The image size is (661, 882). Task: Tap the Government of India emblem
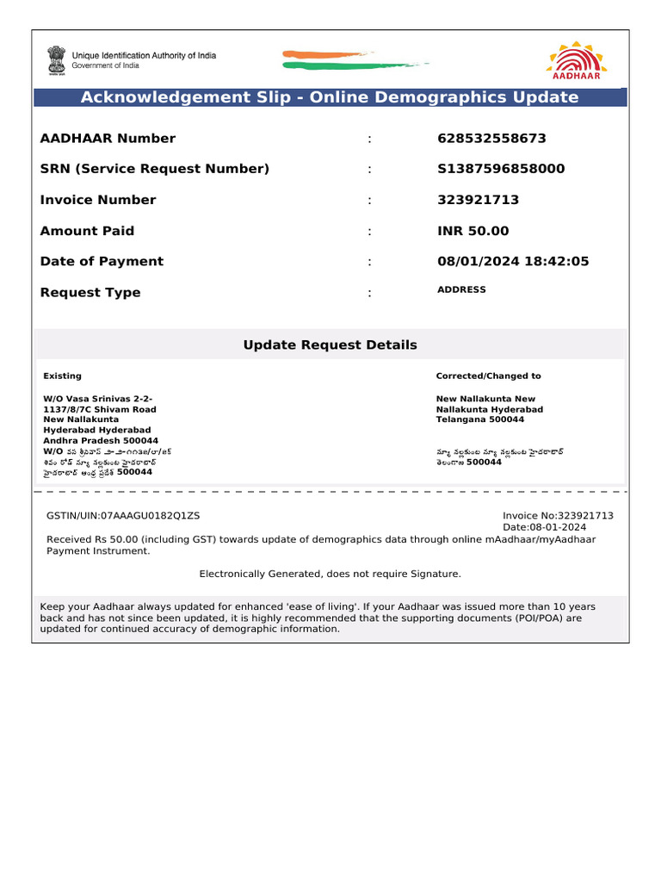[x=56, y=60]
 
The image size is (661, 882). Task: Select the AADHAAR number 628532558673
[x=491, y=139]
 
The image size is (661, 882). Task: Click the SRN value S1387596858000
[x=501, y=169]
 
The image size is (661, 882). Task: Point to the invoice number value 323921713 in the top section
[x=478, y=200]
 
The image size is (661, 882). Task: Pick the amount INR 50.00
[x=473, y=231]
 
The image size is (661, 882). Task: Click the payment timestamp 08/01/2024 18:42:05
[x=513, y=261]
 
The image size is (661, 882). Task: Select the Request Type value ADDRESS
[x=461, y=290]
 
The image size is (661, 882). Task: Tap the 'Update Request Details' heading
[x=330, y=345]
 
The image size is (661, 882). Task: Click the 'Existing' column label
[x=63, y=376]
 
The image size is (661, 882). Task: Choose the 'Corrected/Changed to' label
[x=488, y=376]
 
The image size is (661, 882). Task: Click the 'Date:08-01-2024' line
[x=544, y=527]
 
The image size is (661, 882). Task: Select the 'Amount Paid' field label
[x=87, y=231]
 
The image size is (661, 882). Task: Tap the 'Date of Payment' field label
[x=102, y=261]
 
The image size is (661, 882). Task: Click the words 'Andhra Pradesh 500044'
[x=101, y=440]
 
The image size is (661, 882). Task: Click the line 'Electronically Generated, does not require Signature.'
[x=330, y=574]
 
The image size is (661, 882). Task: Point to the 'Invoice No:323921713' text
[x=558, y=515]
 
